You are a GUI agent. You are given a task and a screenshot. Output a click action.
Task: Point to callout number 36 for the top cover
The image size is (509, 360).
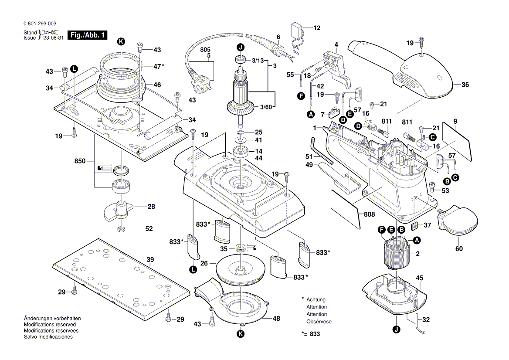(465, 85)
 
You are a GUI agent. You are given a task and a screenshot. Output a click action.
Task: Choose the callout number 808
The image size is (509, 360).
(369, 214)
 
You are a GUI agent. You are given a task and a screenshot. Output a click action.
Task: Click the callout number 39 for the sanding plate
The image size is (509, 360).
(150, 260)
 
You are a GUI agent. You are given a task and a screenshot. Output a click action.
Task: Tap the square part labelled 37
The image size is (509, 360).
(415, 225)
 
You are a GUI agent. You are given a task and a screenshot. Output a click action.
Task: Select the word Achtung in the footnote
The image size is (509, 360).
(316, 300)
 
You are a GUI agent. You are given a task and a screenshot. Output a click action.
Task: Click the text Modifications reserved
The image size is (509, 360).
(50, 325)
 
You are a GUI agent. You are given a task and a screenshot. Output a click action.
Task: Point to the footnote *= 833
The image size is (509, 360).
(310, 333)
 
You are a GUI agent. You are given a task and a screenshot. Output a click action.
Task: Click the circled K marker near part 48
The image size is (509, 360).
(241, 334)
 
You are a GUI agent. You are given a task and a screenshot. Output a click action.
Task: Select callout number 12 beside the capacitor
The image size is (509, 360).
(316, 28)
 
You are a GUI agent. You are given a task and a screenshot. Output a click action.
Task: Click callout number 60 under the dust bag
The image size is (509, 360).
(459, 249)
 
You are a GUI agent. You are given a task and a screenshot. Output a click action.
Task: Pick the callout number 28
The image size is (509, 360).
(151, 207)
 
